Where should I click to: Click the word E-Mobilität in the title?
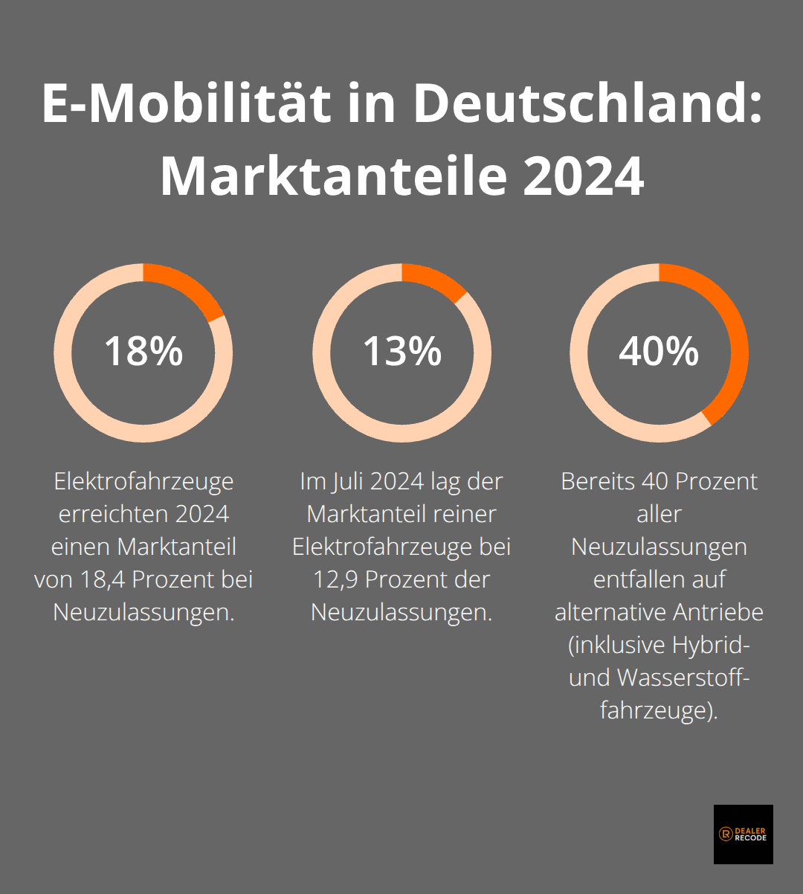186,103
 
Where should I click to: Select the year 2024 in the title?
583,176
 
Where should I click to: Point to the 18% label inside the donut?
143,352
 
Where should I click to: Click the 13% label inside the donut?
401,352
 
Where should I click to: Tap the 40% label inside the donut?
659,352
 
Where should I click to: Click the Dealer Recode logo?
743,834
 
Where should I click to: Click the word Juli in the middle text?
347,481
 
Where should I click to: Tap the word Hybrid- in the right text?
710,645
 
